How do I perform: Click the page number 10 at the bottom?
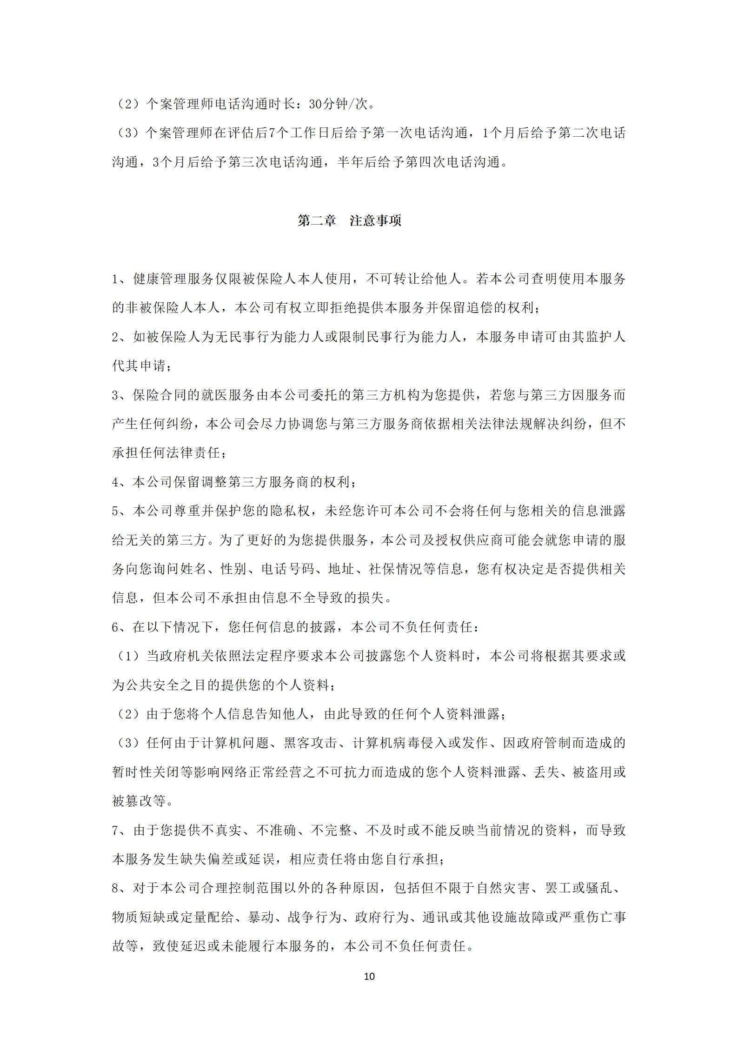[x=369, y=976]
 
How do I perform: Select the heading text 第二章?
[x=317, y=220]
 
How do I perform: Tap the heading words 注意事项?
[x=375, y=220]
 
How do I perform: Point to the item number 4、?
[x=120, y=482]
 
